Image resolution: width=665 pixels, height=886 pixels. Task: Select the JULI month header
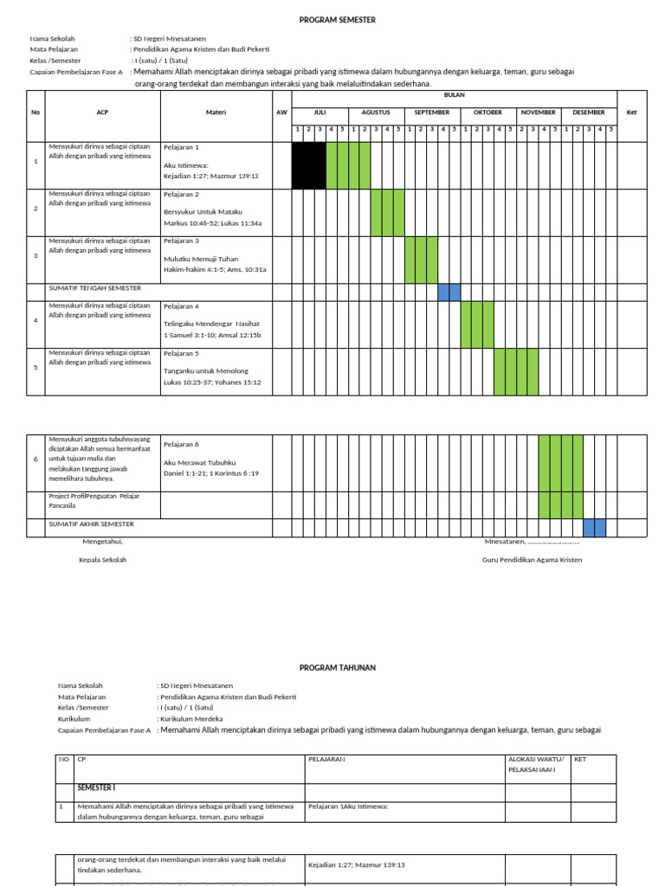point(320,112)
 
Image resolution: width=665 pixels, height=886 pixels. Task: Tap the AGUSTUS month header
point(376,112)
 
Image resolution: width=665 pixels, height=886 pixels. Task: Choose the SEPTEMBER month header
point(431,112)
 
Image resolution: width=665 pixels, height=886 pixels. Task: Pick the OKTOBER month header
point(487,112)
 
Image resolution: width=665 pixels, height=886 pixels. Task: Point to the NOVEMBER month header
point(539,112)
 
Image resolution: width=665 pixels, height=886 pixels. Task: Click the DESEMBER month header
point(589,112)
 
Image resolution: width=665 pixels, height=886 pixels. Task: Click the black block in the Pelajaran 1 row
point(308,165)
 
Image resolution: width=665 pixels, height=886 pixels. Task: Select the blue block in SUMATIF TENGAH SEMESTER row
point(449,292)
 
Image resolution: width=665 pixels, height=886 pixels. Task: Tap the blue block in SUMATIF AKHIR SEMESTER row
point(594,528)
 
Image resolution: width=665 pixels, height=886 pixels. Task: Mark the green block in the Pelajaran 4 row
point(477,324)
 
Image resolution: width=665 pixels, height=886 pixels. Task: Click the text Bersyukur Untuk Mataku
point(203,211)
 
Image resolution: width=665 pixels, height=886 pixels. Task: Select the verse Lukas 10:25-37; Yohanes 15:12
point(212,382)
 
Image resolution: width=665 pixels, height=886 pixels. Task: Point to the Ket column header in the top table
point(631,112)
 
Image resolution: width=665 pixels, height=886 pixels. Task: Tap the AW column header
point(281,112)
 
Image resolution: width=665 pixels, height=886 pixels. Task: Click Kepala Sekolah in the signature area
point(102,560)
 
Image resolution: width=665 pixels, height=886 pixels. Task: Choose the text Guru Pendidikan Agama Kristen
point(532,560)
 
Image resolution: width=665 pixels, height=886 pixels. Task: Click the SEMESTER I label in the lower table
point(96,788)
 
